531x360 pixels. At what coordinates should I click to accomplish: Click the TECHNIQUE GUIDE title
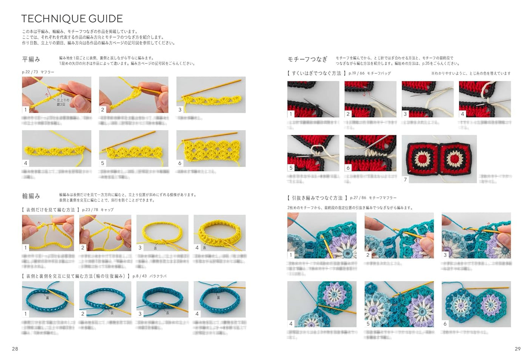tap(72, 19)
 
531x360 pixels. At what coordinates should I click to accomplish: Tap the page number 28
tap(15, 349)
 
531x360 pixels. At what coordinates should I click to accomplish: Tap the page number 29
tap(517, 349)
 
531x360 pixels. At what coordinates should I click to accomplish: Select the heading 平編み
tap(31, 59)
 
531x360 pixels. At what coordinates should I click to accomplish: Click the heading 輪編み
tap(31, 196)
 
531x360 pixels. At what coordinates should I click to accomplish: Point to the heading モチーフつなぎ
tap(307, 59)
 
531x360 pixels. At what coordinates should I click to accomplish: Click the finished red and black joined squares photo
tap(439, 159)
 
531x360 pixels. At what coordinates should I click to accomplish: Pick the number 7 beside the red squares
tap(405, 179)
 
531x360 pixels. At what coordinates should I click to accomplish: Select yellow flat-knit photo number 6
tap(211, 148)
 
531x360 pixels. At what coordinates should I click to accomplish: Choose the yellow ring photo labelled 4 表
tap(219, 233)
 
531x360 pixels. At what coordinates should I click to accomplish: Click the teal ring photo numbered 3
tap(162, 299)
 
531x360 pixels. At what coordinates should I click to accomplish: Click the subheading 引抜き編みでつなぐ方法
tap(317, 198)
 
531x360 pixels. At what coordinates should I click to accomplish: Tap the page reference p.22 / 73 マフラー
tap(38, 72)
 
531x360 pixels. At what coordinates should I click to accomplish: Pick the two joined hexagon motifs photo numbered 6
tap(476, 304)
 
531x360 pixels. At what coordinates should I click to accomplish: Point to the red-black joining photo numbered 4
tap(485, 99)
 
